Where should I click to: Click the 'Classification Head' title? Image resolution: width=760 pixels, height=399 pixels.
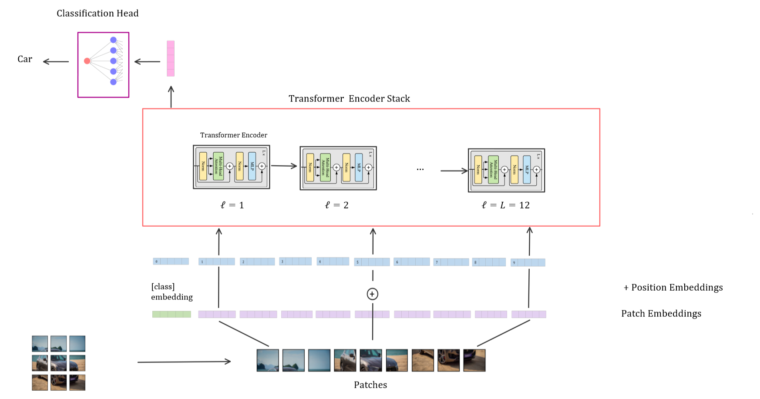(x=98, y=13)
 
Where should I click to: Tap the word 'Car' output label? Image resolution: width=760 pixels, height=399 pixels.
(x=25, y=59)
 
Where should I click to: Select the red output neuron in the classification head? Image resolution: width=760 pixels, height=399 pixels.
(x=87, y=61)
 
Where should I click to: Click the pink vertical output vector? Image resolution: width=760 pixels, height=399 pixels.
(x=171, y=59)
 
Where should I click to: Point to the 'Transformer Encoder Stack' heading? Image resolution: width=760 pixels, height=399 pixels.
(x=349, y=99)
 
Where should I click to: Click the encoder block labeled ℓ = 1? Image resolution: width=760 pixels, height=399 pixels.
(x=231, y=167)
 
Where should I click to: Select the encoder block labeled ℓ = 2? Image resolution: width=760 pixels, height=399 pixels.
(x=338, y=168)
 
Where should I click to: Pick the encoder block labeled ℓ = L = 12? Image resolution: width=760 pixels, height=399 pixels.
(x=506, y=170)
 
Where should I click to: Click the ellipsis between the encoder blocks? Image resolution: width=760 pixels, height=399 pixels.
(x=420, y=169)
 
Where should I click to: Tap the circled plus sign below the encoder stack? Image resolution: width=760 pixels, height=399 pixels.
(x=372, y=294)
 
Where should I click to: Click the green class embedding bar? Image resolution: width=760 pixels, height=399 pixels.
(x=172, y=314)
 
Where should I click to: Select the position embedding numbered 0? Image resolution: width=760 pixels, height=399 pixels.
(x=171, y=262)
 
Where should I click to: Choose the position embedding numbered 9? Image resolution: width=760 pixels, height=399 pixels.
(x=528, y=262)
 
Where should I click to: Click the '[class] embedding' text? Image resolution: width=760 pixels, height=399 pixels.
(x=172, y=292)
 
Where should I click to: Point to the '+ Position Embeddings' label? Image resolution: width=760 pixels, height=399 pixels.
(x=673, y=288)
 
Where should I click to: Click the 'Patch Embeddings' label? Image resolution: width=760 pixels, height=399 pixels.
(x=661, y=314)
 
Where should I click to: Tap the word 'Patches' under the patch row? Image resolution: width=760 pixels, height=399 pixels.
(x=370, y=385)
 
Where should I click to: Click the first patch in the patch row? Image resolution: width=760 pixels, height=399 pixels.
(x=268, y=360)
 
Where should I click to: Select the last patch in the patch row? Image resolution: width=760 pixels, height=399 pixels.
(x=474, y=360)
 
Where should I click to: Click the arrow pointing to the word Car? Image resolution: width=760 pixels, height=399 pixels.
(x=56, y=62)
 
